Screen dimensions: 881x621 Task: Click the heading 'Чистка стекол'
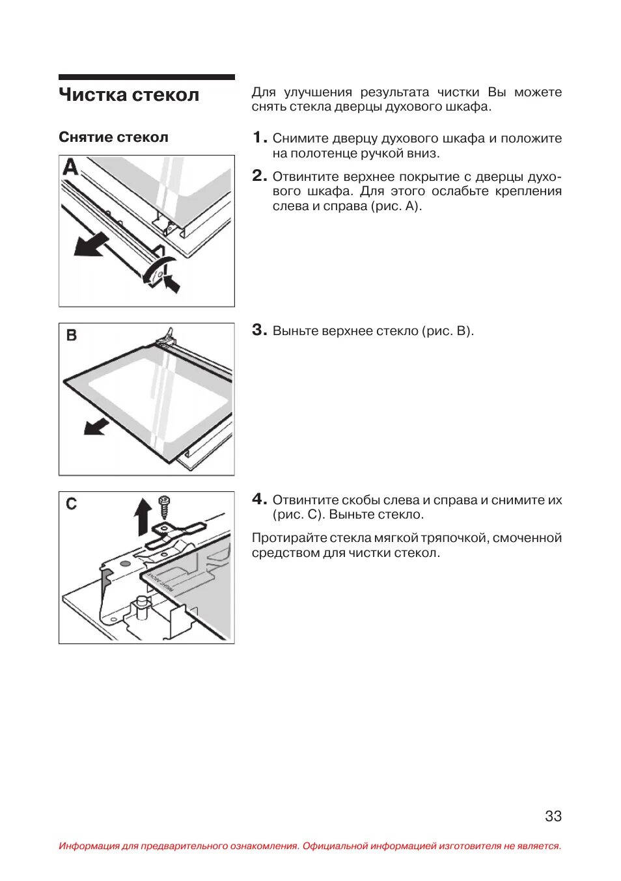pos(129,95)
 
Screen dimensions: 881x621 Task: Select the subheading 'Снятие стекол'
pos(113,137)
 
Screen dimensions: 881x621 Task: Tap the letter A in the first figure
pos(70,168)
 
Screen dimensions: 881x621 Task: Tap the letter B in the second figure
pos(72,336)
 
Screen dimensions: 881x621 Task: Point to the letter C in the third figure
pos(72,504)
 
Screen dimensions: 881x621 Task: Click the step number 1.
pos(258,137)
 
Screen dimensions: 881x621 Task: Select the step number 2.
pos(258,176)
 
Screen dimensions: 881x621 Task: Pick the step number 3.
pos(258,330)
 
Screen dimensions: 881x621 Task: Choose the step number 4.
pos(258,499)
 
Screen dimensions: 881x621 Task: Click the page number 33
pos(553,816)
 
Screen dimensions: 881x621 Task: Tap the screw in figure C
pos(164,506)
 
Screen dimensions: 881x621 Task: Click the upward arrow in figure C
pos(143,516)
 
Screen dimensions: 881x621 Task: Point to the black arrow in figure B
pos(96,426)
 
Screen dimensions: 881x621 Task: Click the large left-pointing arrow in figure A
pos(90,245)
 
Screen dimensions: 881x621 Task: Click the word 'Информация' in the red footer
pos(89,846)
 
